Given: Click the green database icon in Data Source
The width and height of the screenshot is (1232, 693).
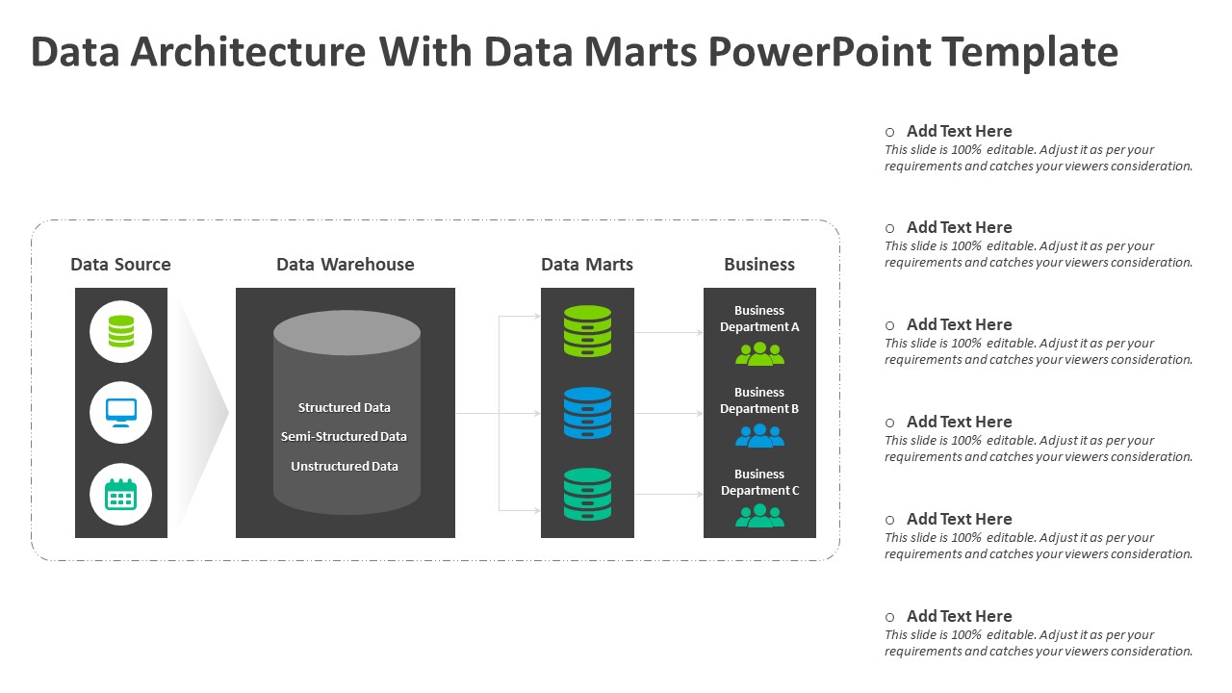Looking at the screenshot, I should click(x=121, y=331).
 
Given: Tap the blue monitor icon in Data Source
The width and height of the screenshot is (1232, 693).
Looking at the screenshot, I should click(x=121, y=412).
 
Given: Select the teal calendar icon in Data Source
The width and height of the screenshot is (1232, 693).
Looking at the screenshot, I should click(x=121, y=494).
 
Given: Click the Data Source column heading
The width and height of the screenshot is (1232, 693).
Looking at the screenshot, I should click(x=120, y=265).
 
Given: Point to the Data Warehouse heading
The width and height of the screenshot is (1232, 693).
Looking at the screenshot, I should click(x=345, y=265).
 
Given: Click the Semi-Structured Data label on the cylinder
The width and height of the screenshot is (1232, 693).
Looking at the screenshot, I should click(x=344, y=437).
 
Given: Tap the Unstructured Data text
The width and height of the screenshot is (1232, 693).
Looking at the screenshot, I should click(x=345, y=467).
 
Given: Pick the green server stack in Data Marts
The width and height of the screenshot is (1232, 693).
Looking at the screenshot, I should click(x=587, y=331).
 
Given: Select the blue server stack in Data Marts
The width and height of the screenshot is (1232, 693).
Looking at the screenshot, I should click(x=587, y=413).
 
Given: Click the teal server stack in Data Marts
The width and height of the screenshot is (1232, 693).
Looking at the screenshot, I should click(x=587, y=495).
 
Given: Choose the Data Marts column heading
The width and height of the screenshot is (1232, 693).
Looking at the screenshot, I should click(x=587, y=265).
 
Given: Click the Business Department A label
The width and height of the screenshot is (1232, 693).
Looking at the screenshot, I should click(x=759, y=319).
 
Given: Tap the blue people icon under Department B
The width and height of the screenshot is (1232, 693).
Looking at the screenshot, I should click(x=759, y=436).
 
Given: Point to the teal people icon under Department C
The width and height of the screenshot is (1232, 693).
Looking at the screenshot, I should click(x=759, y=516).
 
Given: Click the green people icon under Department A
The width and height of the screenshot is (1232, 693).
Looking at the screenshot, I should click(x=759, y=354).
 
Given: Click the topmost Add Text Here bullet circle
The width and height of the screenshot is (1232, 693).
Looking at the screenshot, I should click(x=889, y=132).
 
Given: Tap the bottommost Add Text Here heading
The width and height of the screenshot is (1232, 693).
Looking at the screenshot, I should click(x=959, y=616).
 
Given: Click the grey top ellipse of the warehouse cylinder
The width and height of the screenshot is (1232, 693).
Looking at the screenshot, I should click(x=346, y=332).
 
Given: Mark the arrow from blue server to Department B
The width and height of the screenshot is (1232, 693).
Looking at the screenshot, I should click(x=669, y=414).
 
